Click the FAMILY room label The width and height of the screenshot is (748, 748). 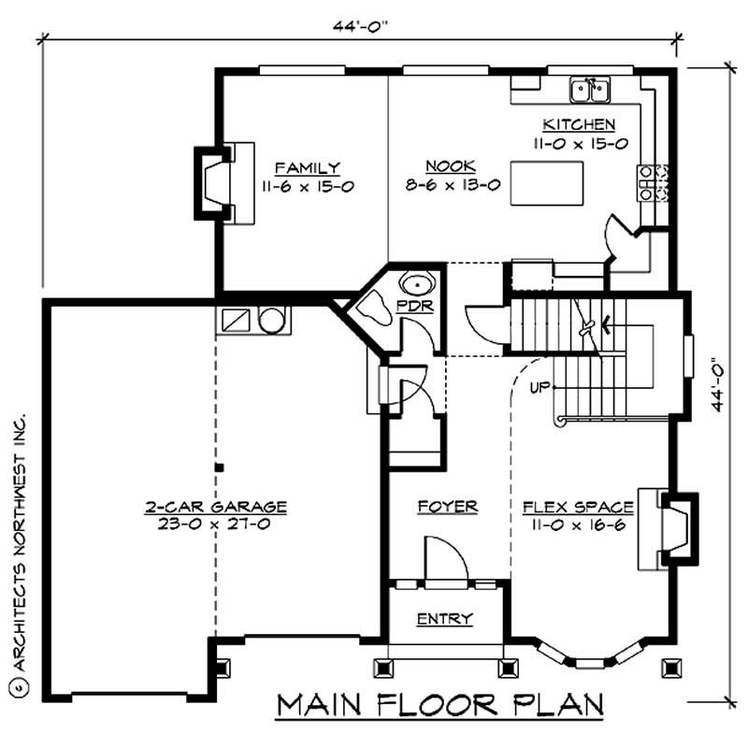pos(300,168)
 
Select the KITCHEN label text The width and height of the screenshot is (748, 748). pos(580,124)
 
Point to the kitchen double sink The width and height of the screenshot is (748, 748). pos(590,90)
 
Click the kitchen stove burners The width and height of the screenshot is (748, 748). pos(646,182)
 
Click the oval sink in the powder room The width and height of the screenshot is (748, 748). pos(412,283)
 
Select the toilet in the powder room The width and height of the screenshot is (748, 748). pos(374,308)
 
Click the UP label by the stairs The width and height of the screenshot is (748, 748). pos(536,385)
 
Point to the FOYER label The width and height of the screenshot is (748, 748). pos(447,507)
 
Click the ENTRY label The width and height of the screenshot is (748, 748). pos(444,619)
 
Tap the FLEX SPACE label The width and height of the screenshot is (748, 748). pos(580,507)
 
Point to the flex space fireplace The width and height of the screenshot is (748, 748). pos(676,527)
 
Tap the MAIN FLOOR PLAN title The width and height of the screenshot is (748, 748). pos(439,703)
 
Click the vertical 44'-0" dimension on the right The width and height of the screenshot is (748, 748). pos(715,383)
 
